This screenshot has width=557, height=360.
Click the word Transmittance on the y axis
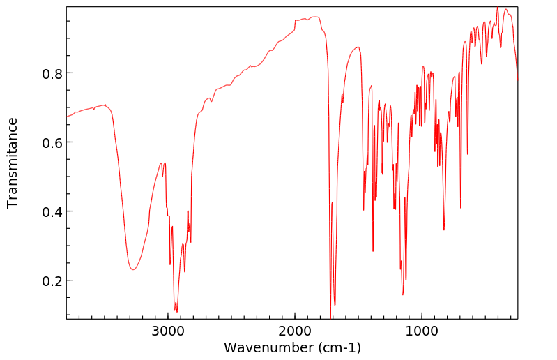click(13, 163)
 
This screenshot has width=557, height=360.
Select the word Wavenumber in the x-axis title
click(268, 347)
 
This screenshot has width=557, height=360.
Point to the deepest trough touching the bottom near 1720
click(330, 316)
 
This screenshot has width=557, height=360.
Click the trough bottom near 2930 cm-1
click(176, 311)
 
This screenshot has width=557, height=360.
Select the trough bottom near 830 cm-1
click(444, 230)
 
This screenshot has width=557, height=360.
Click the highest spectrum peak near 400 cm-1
click(497, 8)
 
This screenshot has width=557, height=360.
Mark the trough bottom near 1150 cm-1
click(402, 294)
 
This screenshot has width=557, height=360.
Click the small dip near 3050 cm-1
click(162, 177)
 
